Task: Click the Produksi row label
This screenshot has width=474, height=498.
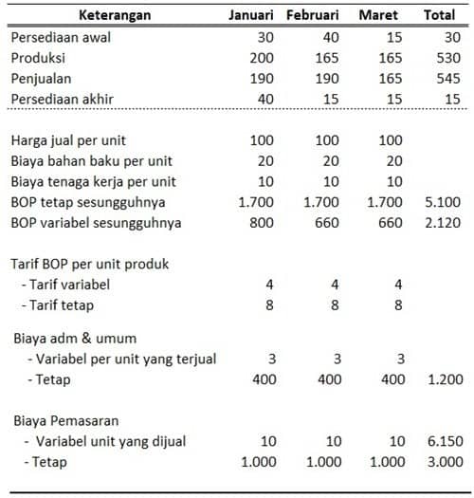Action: tap(39, 58)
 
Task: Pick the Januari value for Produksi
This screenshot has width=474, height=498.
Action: tap(263, 58)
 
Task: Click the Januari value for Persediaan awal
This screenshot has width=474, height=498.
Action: tap(266, 37)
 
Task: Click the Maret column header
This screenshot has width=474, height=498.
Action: tap(378, 16)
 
